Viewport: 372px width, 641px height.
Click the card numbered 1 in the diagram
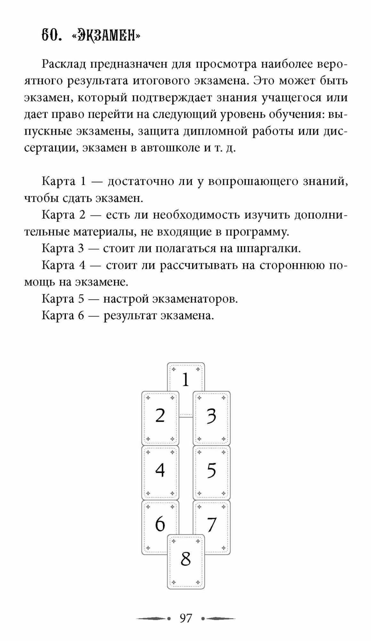tap(186, 378)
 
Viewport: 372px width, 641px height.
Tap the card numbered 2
tap(160, 417)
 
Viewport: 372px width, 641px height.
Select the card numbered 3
tap(211, 417)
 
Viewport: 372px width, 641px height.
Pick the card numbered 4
tap(160, 471)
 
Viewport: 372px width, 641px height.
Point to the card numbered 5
tap(211, 471)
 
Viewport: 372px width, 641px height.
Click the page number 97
tap(186, 618)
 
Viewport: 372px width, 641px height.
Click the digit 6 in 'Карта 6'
tap(80, 316)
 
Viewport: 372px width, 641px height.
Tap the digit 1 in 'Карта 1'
tap(84, 181)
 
